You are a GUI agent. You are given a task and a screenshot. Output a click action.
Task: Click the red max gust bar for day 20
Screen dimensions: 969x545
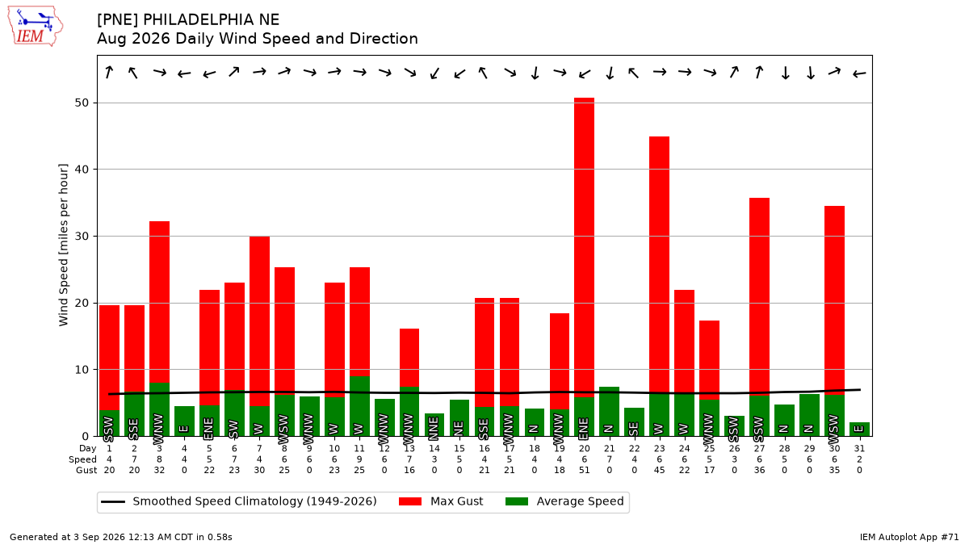(x=584, y=247)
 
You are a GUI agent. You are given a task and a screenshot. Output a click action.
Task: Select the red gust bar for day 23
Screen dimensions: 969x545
(x=659, y=265)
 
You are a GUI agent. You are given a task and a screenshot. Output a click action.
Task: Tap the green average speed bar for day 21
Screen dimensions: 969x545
(x=609, y=411)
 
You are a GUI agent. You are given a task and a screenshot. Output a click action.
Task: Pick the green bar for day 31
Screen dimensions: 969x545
(x=859, y=429)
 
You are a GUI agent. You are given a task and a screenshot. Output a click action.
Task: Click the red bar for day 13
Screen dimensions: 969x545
(x=409, y=358)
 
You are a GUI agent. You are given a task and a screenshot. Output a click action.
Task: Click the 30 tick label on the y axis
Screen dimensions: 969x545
(x=82, y=236)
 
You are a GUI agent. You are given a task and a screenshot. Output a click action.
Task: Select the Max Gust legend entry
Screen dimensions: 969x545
(x=441, y=501)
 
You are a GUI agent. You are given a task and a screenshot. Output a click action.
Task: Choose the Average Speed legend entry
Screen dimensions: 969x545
(x=564, y=501)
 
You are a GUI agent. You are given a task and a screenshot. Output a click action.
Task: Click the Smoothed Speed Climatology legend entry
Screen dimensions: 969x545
(x=239, y=501)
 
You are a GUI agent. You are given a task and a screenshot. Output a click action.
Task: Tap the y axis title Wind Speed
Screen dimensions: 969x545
(x=63, y=245)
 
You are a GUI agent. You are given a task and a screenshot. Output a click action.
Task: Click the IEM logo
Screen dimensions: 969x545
(x=35, y=27)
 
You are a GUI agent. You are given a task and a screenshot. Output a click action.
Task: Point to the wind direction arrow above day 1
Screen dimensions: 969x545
(x=109, y=72)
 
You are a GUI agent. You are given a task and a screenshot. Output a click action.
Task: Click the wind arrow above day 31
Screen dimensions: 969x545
(x=859, y=74)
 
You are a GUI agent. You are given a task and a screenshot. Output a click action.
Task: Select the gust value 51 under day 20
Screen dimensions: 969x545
(x=584, y=470)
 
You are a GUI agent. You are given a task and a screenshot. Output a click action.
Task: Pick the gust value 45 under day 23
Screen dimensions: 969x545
(x=659, y=470)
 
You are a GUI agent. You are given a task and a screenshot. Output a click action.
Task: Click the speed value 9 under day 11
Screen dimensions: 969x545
(x=359, y=459)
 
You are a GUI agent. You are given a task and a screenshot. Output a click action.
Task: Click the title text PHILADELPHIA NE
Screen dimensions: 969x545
(x=211, y=20)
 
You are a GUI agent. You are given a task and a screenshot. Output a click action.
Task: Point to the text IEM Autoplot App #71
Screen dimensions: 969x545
(x=909, y=537)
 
